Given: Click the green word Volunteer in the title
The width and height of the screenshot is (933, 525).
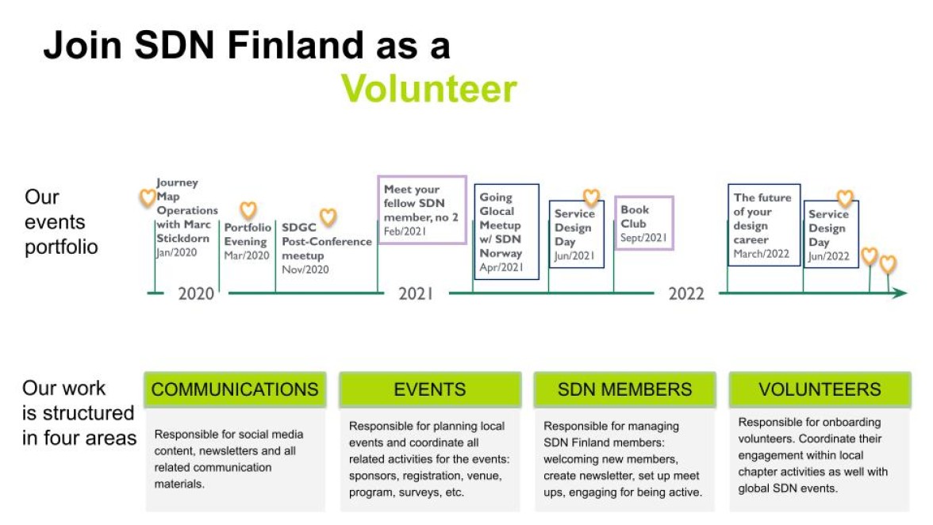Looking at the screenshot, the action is coord(429,89).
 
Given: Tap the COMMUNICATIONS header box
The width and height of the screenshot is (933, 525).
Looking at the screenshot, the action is coord(235,389).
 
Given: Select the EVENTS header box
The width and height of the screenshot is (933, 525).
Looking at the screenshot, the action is coord(430,389).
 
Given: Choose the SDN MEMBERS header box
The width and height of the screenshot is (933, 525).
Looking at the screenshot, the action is coord(625,389).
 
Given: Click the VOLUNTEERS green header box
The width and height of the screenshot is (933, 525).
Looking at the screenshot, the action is coord(820,389).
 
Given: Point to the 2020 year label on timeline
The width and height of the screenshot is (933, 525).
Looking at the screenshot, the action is coord(196,293).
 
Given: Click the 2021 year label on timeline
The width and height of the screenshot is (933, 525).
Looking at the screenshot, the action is coord(416,293).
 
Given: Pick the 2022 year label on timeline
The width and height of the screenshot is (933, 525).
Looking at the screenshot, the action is coord(686,293).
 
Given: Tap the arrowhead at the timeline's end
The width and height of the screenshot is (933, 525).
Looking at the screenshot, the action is coord(900,293).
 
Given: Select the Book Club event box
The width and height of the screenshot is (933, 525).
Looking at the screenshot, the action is coord(644,223).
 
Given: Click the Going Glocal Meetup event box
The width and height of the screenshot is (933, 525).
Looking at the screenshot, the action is coord(506,232).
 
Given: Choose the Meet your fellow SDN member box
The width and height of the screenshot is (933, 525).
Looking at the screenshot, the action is coord(422,210).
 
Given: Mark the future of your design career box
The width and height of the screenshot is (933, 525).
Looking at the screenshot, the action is coord(764,224).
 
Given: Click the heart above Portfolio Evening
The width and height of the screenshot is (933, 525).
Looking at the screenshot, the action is coord(248,210).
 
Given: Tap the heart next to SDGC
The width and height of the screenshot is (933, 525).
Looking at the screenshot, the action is coord(328,217).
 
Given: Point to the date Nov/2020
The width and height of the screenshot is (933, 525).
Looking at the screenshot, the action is coord(305,270).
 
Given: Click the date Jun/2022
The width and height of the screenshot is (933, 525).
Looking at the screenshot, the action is coord(829,256).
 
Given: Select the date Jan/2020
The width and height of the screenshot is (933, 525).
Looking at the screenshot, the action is coord(177,252).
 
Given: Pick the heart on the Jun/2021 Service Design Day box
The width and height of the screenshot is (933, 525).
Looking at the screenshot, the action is coord(591,197).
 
